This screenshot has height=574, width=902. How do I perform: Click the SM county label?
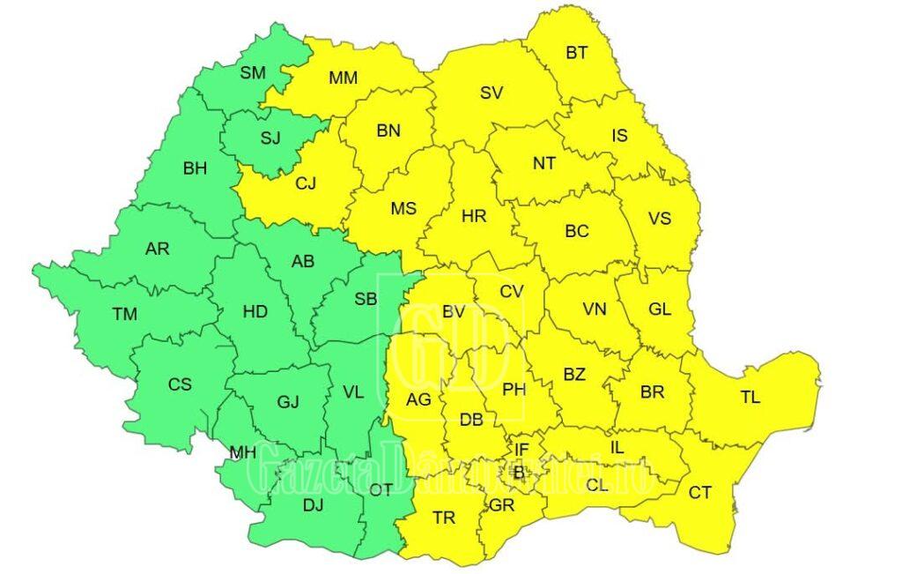pyautogui.click(x=252, y=73)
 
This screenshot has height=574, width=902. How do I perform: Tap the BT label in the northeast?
pyautogui.click(x=577, y=53)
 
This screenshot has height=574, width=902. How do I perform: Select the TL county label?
pyautogui.click(x=750, y=398)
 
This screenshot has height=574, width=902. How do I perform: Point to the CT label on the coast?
pyautogui.click(x=699, y=493)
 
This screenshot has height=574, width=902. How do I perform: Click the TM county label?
pyautogui.click(x=124, y=313)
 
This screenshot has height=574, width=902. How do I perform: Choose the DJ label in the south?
pyautogui.click(x=313, y=505)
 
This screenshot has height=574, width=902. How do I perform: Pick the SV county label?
pyautogui.click(x=492, y=93)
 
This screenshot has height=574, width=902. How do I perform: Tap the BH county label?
pyautogui.click(x=195, y=168)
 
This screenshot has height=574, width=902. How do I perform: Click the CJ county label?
pyautogui.click(x=305, y=183)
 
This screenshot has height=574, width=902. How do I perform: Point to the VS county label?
pyautogui.click(x=659, y=218)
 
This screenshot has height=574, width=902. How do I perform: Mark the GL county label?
pyautogui.click(x=659, y=309)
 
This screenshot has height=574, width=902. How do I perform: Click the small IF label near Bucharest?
pyautogui.click(x=521, y=450)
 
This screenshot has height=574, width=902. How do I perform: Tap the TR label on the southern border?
pyautogui.click(x=444, y=518)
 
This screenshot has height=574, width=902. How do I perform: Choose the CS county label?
pyautogui.click(x=180, y=384)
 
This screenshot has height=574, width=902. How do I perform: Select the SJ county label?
pyautogui.click(x=270, y=138)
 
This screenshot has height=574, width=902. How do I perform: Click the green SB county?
pyautogui.click(x=366, y=299)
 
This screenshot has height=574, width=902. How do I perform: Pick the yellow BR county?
pyautogui.click(x=652, y=392)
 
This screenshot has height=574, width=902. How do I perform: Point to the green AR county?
pyautogui.click(x=157, y=250)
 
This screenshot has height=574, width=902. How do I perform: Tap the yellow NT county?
pyautogui.click(x=544, y=163)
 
